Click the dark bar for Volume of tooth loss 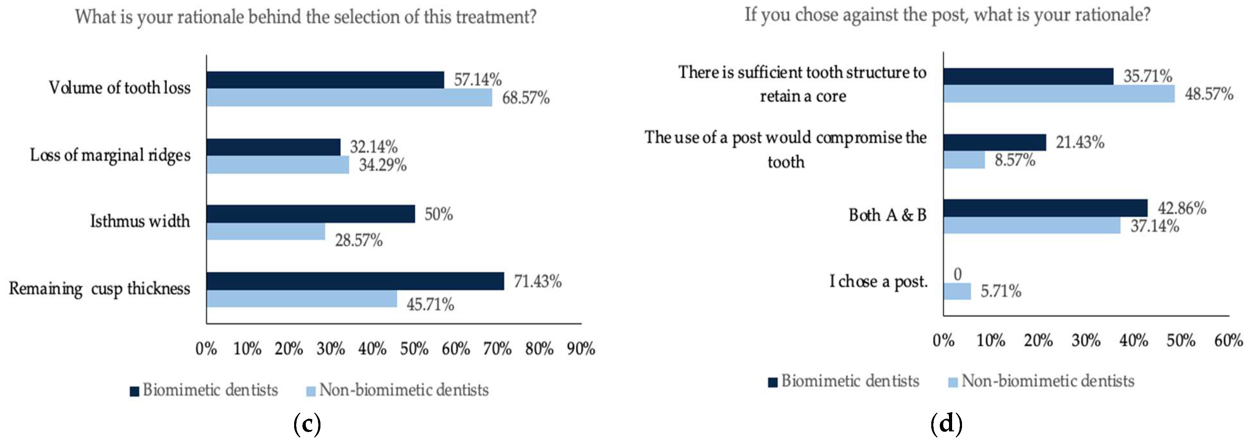(x=325, y=80)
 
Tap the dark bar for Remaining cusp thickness (x=355, y=281)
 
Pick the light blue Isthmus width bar (x=266, y=231)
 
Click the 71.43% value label (x=538, y=281)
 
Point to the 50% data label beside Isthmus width (x=439, y=214)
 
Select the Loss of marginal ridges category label (x=110, y=155)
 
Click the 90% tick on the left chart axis (x=581, y=349)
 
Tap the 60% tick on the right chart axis (x=1228, y=340)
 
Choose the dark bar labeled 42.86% (x=1045, y=208)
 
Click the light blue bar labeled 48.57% (x=1059, y=94)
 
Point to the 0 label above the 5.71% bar (x=957, y=274)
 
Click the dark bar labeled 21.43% (x=994, y=142)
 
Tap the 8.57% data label (x=1015, y=160)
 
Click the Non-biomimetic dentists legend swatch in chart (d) (x=953, y=382)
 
